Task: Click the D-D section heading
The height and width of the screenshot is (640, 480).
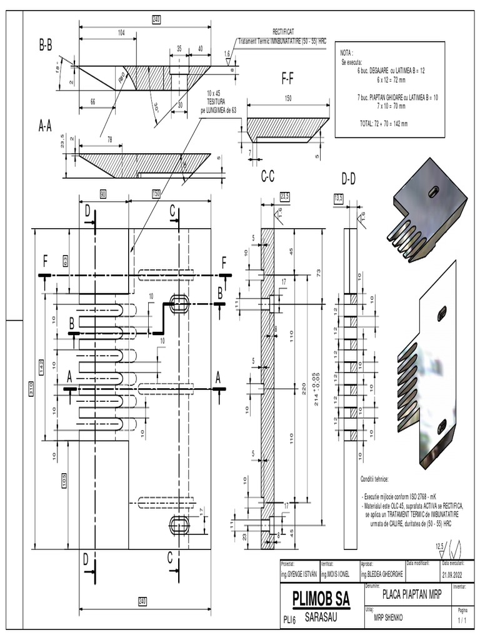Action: click(x=349, y=179)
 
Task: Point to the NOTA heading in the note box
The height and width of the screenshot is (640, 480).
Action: click(x=346, y=53)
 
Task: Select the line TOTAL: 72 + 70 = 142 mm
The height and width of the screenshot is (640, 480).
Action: click(x=383, y=124)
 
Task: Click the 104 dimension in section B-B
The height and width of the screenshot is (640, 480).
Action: click(x=121, y=31)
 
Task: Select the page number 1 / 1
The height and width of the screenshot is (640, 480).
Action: click(x=462, y=621)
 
